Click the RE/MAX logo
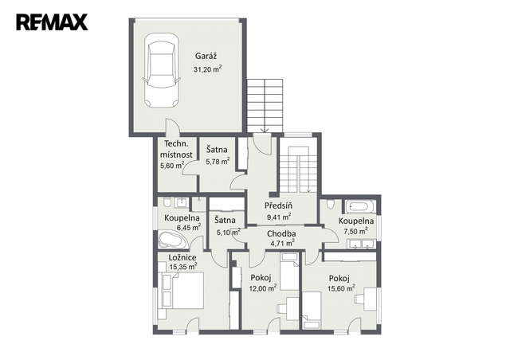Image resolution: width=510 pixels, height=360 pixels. coord(52,22)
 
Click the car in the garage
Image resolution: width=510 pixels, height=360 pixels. coord(162,70)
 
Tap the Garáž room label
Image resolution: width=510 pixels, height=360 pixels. coord(206,56)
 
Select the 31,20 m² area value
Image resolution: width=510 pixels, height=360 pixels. coord(207,69)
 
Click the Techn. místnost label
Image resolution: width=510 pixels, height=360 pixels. coord(176,149)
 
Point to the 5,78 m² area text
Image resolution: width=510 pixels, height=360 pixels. coord(218,161)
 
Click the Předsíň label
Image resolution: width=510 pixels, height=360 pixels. coord(278,205)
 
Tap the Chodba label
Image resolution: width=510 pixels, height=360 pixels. coord(281,233)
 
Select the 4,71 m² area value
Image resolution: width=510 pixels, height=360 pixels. coord(283,242)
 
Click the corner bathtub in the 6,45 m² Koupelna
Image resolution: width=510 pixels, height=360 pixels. coord(170,240)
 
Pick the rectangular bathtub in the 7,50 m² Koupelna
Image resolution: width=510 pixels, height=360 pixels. coord(361,206)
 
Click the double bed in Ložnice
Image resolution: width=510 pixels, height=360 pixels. coord(183,291)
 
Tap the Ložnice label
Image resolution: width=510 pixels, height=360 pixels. coord(182,257)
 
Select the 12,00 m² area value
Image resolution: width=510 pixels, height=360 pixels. coord(263,288)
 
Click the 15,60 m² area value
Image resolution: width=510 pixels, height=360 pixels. coord(341,288)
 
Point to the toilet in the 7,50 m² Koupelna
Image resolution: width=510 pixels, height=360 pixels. coord(331,205)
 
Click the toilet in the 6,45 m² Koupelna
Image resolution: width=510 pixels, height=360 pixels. coord(167,202)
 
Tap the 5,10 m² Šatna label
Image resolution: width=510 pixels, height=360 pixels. coord(225,220)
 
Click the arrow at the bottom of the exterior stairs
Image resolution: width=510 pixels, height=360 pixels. coord(265,130)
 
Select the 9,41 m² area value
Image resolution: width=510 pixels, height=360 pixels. coord(279,217)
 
